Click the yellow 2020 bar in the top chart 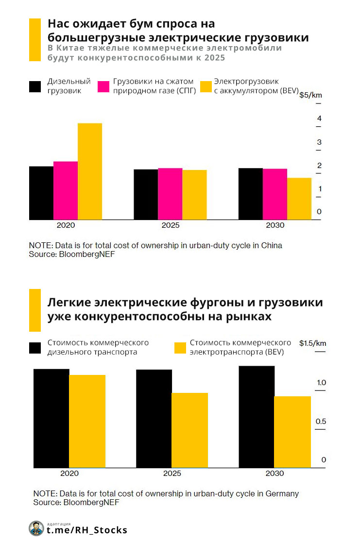tap(90, 171)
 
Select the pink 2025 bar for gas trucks tap(170, 194)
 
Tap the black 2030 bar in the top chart tap(251, 194)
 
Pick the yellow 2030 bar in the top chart tap(299, 199)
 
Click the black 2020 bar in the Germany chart tap(51, 418)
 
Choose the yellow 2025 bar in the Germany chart tap(190, 430)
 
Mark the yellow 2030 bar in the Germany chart tap(292, 432)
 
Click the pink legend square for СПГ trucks tap(103, 86)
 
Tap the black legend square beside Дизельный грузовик tap(35, 86)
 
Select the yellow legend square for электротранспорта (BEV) tap(180, 348)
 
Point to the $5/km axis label tap(310, 95)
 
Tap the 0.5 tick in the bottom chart tap(321, 422)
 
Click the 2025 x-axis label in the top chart tap(170, 226)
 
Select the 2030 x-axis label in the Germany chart tap(274, 474)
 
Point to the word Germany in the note tap(282, 494)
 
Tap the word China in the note tap(271, 245)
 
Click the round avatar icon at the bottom tap(36, 529)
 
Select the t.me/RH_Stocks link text tap(87, 530)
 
